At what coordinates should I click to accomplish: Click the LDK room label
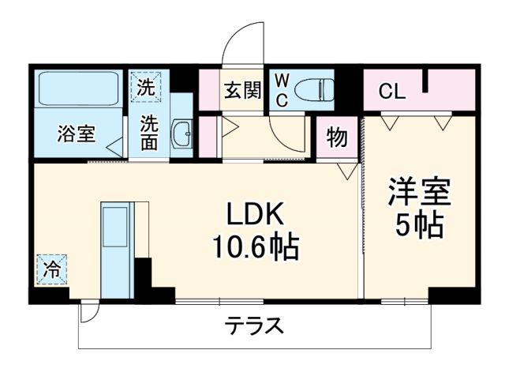[252, 215]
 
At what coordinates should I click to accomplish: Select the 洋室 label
[418, 194]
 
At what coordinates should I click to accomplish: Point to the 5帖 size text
[419, 227]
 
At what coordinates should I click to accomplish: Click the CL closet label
[392, 92]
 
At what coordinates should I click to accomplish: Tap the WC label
[282, 90]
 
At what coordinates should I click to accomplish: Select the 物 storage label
[337, 137]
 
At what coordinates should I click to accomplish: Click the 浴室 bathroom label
[76, 134]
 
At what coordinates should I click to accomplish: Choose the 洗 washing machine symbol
[147, 88]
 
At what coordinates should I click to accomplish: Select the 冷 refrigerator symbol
[52, 269]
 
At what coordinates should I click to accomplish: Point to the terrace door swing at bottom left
[89, 311]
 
